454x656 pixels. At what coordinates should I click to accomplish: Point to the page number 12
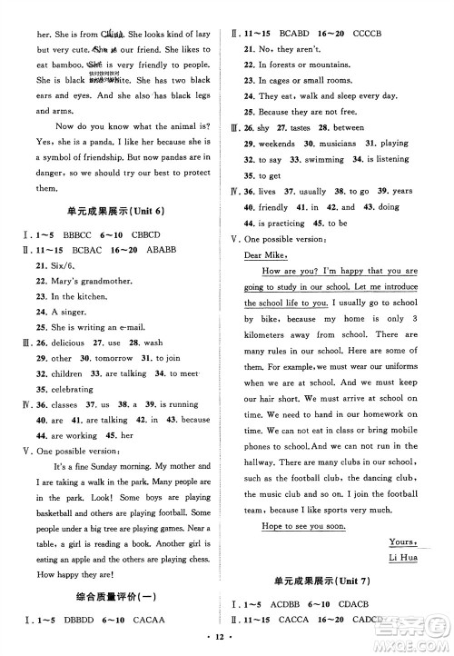click(227, 644)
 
